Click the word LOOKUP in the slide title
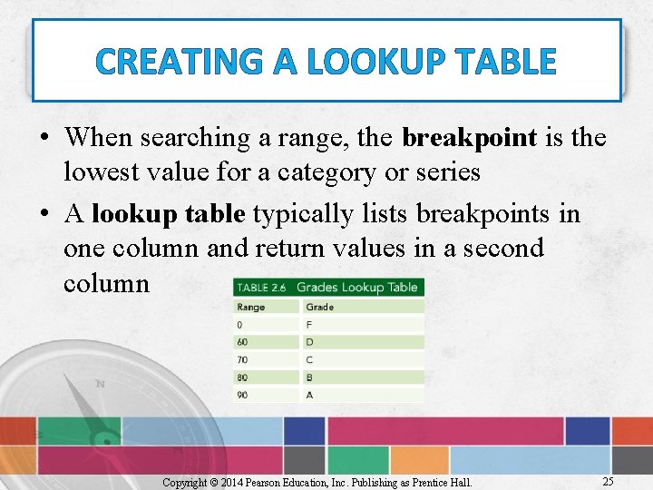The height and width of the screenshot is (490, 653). [x=373, y=63]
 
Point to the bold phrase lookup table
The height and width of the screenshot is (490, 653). [x=169, y=213]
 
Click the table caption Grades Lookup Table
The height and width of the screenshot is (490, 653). [x=356, y=287]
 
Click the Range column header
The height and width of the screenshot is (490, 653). [x=251, y=307]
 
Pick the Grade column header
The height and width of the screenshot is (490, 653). [x=319, y=307]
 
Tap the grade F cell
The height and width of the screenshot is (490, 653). [x=309, y=324]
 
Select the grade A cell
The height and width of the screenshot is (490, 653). [x=310, y=395]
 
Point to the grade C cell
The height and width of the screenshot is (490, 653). [x=310, y=359]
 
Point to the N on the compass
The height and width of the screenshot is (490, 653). [x=100, y=385]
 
